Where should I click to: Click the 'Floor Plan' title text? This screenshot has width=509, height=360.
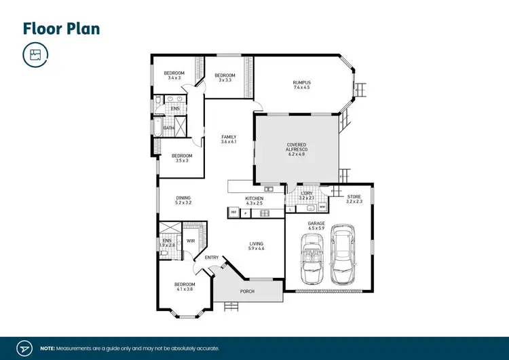[62, 29]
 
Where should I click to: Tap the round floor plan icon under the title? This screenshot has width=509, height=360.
[35, 55]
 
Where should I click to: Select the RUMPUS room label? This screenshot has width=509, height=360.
[302, 85]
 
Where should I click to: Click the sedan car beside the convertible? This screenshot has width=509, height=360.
[343, 259]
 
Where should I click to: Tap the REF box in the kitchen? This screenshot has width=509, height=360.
[234, 213]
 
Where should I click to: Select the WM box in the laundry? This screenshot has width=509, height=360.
[321, 208]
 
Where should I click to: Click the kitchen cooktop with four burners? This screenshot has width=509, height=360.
[262, 213]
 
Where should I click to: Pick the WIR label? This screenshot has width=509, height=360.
[191, 240]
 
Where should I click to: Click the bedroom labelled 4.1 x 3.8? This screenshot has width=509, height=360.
[185, 287]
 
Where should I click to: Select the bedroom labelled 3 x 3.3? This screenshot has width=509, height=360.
[225, 77]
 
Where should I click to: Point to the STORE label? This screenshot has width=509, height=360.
[354, 198]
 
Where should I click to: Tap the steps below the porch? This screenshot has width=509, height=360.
[231, 306]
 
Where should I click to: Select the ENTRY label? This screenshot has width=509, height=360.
[212, 257]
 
